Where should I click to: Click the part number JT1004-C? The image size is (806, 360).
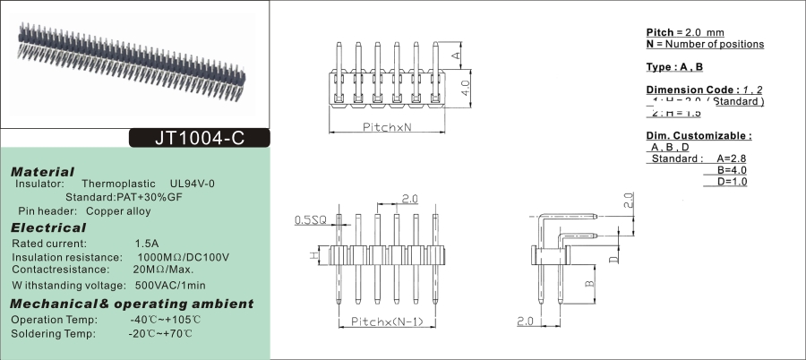(199, 139)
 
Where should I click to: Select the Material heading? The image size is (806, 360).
(42, 171)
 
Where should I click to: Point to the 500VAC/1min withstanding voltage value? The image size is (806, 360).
(170, 285)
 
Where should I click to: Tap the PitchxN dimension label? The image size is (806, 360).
(386, 128)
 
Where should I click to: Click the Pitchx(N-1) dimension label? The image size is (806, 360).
(386, 321)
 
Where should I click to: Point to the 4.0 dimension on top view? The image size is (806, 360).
(466, 88)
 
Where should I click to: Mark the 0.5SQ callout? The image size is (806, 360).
(311, 219)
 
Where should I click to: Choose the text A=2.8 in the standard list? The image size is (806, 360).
(732, 159)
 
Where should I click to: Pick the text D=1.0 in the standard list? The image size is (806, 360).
(732, 182)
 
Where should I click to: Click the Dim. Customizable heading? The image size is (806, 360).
(699, 135)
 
